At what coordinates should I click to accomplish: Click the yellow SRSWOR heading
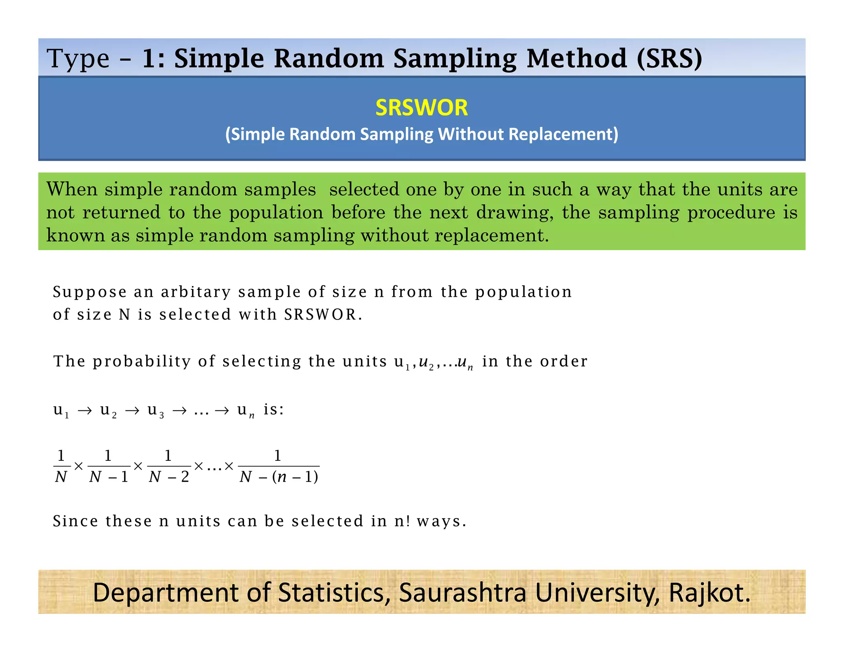(x=421, y=108)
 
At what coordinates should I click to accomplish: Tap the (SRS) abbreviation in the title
(x=669, y=59)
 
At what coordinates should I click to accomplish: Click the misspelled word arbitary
(x=196, y=292)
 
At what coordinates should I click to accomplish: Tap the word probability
(x=142, y=361)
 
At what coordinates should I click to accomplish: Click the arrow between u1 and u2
(x=84, y=411)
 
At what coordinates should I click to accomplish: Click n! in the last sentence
(x=402, y=521)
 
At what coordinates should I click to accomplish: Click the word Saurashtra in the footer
(x=462, y=593)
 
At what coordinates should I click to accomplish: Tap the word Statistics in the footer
(x=334, y=593)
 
